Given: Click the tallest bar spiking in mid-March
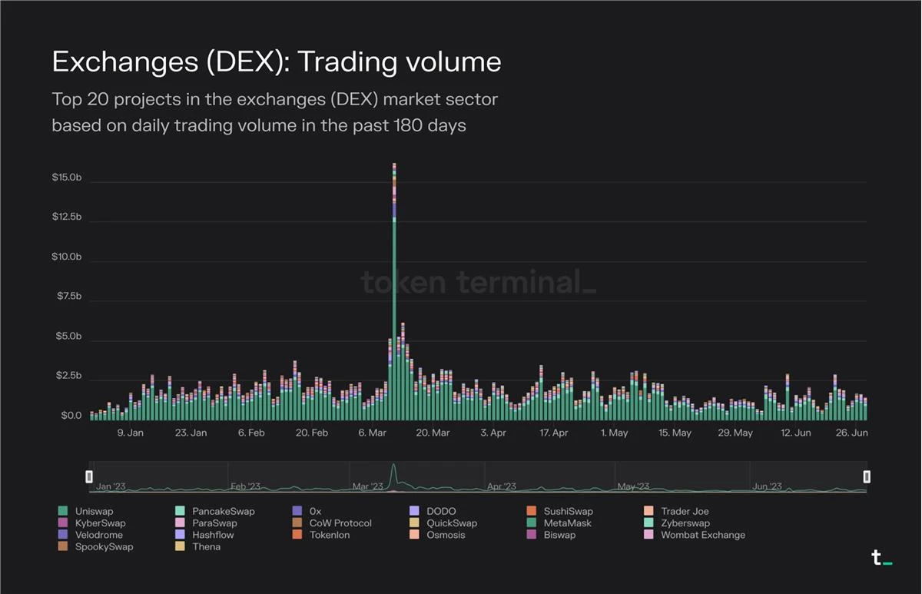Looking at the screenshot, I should click(x=394, y=292).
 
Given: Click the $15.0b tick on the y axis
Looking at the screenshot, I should click(x=66, y=178).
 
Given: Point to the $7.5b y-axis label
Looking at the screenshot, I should click(x=68, y=297).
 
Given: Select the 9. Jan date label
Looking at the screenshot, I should click(x=130, y=433).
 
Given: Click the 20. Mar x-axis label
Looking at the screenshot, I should click(x=433, y=433).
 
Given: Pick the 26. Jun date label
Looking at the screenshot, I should click(x=851, y=433).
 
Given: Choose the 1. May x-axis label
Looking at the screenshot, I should click(x=614, y=433).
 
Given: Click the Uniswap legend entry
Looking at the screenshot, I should click(x=94, y=511).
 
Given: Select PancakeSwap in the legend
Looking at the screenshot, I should click(x=223, y=511).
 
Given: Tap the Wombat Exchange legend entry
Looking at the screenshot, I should click(x=702, y=535).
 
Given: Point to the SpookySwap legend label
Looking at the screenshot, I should click(x=104, y=546).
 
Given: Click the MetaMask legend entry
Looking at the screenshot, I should click(x=566, y=523).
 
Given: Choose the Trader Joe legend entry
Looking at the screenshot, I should click(x=684, y=511).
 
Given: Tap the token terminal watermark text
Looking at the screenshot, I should click(x=478, y=283).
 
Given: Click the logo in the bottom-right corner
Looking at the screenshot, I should click(x=881, y=559).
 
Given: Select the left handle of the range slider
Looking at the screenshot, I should click(x=89, y=476).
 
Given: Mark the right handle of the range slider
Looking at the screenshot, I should click(x=867, y=476).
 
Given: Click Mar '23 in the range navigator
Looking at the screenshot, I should click(x=367, y=486).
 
